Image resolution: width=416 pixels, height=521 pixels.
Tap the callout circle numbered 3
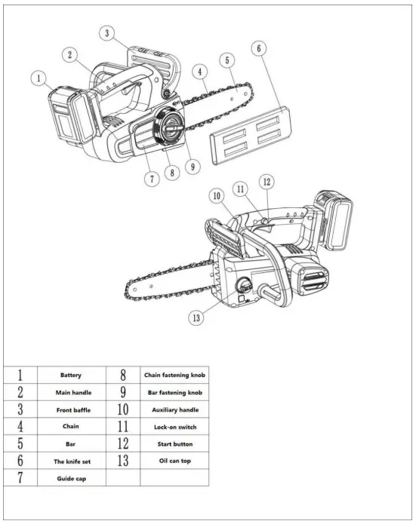(109, 32)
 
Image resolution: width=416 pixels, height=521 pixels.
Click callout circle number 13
(196, 317)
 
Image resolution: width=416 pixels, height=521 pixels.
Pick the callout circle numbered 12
(267, 182)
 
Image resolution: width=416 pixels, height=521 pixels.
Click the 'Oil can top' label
(174, 459)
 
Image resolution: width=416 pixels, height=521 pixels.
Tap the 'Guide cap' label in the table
(72, 479)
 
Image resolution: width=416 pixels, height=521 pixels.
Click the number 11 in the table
(123, 427)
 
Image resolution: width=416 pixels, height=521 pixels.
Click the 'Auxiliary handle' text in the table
(174, 409)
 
